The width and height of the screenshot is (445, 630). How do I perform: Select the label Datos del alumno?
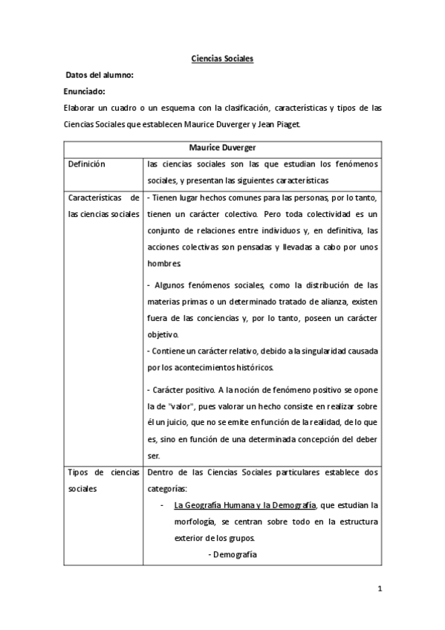tap(99, 75)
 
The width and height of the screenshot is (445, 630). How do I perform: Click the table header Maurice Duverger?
tap(221, 148)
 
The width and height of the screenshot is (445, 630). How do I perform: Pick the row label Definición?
tap(86, 164)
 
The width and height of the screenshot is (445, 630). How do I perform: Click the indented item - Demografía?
tap(233, 553)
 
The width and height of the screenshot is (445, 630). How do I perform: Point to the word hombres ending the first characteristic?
tap(164, 263)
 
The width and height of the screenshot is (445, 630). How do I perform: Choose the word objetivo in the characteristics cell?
tap(163, 334)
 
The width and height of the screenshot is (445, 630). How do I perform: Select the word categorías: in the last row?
tap(167, 489)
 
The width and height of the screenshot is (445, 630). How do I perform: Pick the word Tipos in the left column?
tap(78, 472)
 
